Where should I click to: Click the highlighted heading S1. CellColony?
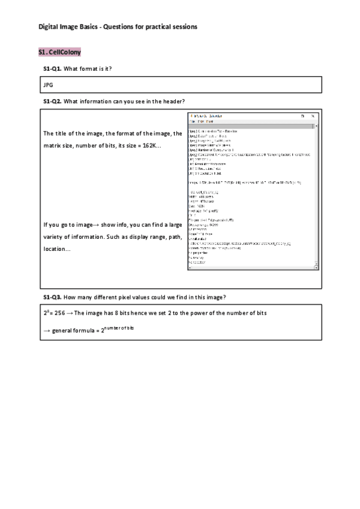point(59,53)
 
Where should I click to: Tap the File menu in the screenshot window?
point(193,121)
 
